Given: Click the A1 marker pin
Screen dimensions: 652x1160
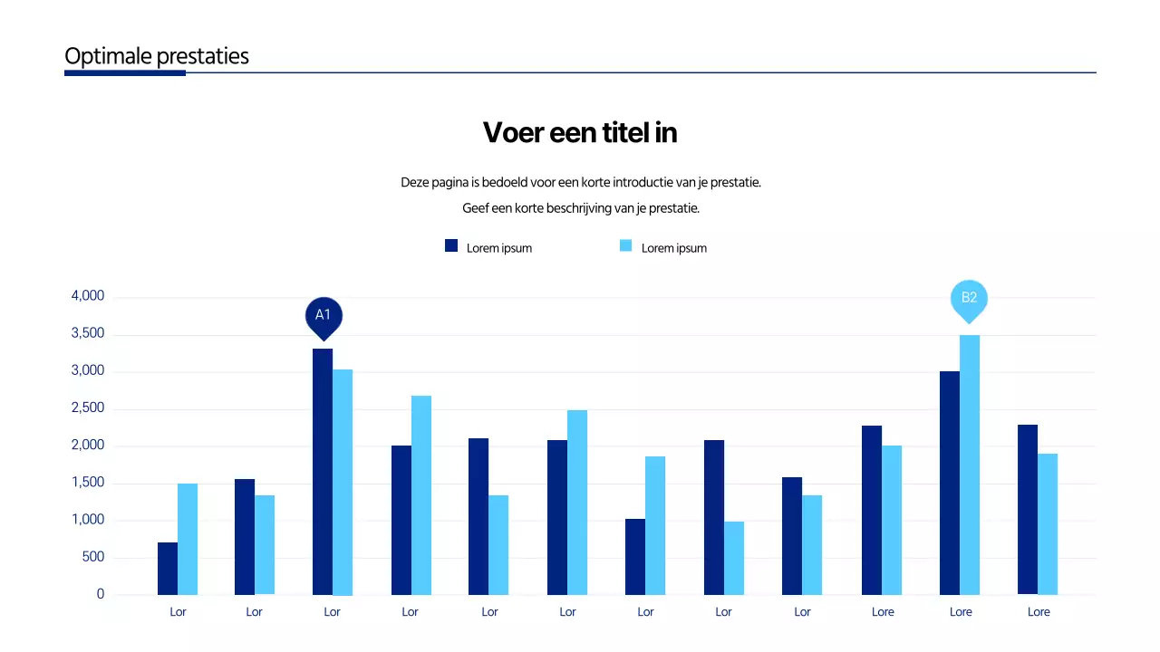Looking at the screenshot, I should [x=323, y=316].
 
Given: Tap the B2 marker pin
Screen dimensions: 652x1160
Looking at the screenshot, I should [x=969, y=299].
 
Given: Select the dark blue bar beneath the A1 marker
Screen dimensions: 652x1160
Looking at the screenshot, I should [x=323, y=471].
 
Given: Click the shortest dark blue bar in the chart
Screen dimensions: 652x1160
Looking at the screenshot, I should [x=168, y=569].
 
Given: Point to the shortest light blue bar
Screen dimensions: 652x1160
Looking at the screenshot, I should [x=734, y=558].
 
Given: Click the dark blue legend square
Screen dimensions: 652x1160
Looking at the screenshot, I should [x=451, y=245].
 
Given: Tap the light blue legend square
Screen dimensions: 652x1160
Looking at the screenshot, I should [x=626, y=245].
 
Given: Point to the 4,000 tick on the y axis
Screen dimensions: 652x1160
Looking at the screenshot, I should [x=88, y=296].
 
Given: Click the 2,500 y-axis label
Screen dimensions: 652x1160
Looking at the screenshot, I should [x=88, y=408].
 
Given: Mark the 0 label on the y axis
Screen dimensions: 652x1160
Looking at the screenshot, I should [x=101, y=595].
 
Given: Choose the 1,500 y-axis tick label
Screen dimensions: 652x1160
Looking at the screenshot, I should [x=88, y=484].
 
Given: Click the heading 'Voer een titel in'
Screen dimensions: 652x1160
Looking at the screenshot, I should [x=580, y=133].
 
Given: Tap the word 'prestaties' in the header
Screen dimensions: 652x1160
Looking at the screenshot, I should [x=203, y=56].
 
